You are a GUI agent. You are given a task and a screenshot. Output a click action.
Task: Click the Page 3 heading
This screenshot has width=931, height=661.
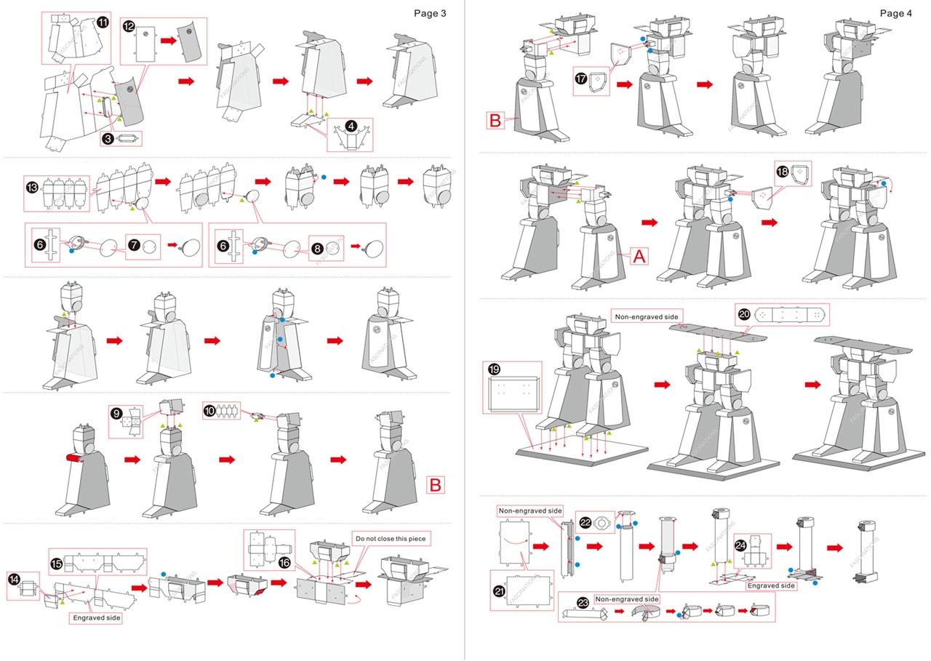pyautogui.click(x=430, y=13)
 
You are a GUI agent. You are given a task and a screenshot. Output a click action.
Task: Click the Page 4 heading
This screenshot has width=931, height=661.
pyautogui.click(x=895, y=13)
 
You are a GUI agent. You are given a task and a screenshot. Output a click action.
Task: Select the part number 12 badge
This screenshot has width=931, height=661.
pyautogui.click(x=128, y=26)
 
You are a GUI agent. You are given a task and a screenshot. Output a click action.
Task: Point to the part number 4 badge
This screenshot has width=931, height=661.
pyautogui.click(x=351, y=126)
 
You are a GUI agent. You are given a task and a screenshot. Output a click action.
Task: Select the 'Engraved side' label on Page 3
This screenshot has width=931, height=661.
pyautogui.click(x=96, y=618)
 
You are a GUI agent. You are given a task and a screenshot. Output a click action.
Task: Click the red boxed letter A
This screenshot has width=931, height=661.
pyautogui.click(x=637, y=256)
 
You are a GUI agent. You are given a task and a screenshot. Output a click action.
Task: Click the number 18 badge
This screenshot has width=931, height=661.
pyautogui.click(x=783, y=172)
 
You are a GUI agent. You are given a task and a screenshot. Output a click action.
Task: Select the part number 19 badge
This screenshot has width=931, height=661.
pyautogui.click(x=495, y=370)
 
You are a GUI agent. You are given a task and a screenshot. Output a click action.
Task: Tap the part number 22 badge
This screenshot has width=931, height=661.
pyautogui.click(x=586, y=522)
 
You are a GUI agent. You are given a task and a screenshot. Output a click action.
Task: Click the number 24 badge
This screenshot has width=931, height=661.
pyautogui.click(x=740, y=546)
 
